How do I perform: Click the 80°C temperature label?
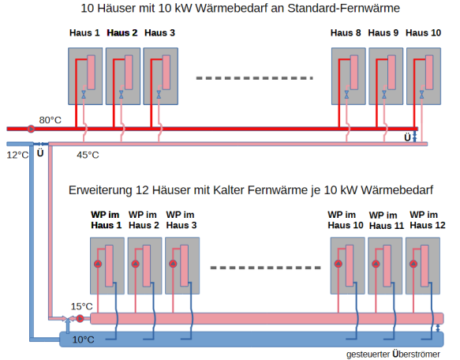[50, 119]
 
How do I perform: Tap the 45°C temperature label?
[88, 155]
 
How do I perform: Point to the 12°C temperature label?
[17, 156]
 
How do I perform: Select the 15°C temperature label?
[81, 306]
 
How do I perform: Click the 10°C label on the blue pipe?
[84, 339]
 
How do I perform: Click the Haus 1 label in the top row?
[85, 33]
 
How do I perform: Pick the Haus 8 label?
[346, 33]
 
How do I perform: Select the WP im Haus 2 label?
[144, 219]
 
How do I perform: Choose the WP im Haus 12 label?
[424, 219]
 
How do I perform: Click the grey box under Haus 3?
[160, 76]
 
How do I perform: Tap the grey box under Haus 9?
[386, 76]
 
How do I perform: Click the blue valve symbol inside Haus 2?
[122, 94]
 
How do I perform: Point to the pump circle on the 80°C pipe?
[31, 128]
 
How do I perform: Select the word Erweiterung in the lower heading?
[100, 190]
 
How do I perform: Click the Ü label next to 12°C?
[39, 153]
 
